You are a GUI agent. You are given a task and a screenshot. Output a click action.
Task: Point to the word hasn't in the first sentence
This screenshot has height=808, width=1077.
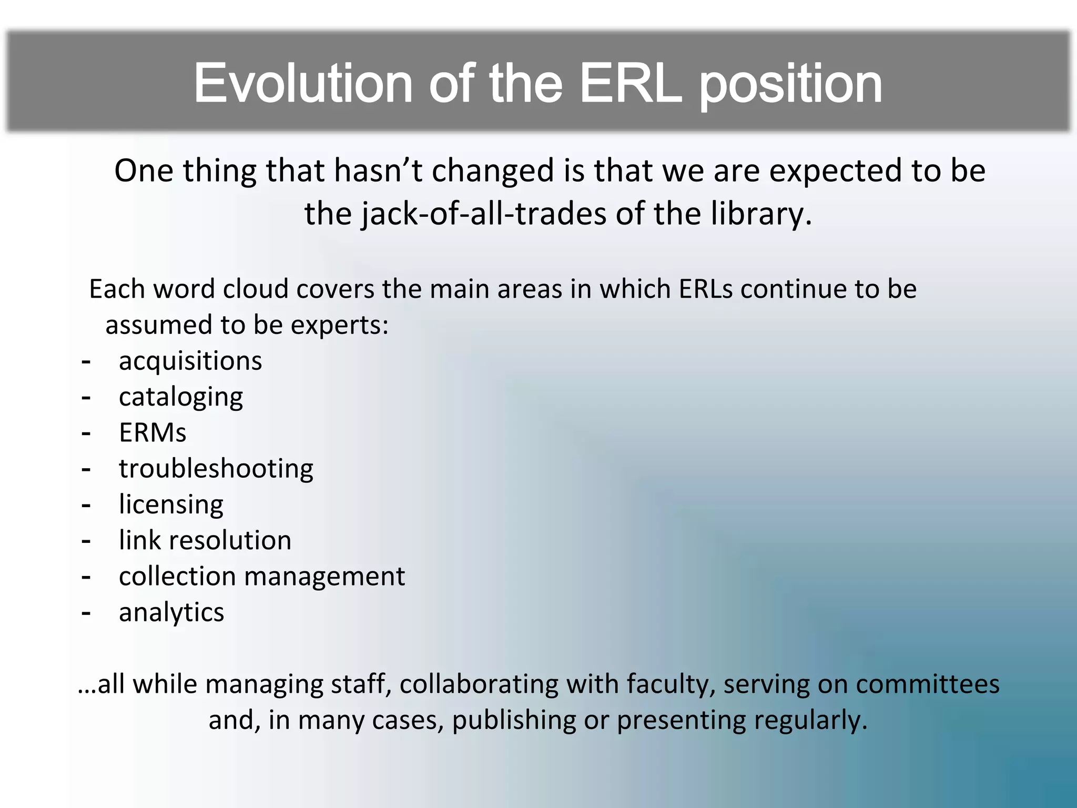pyautogui.click(x=379, y=171)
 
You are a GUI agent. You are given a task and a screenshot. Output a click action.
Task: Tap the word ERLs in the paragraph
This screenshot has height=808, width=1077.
pyautogui.click(x=705, y=289)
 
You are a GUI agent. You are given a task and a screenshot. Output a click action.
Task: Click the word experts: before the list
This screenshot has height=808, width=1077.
pyautogui.click(x=339, y=326)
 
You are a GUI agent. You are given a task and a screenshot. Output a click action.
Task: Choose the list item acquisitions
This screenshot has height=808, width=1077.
pyautogui.click(x=190, y=361)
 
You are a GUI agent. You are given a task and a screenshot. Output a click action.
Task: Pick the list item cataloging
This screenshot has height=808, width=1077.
pyautogui.click(x=181, y=398)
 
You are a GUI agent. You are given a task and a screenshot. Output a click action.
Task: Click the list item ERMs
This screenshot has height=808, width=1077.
pyautogui.click(x=153, y=433)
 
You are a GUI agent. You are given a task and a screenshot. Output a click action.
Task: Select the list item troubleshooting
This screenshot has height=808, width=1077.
pyautogui.click(x=216, y=469)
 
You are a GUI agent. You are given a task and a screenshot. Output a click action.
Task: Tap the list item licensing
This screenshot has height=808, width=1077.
pyautogui.click(x=171, y=505)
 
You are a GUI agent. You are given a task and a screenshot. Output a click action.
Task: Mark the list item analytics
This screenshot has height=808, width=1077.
pyautogui.click(x=171, y=613)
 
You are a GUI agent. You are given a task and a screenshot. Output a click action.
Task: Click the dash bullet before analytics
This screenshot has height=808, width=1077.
pyautogui.click(x=86, y=613)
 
